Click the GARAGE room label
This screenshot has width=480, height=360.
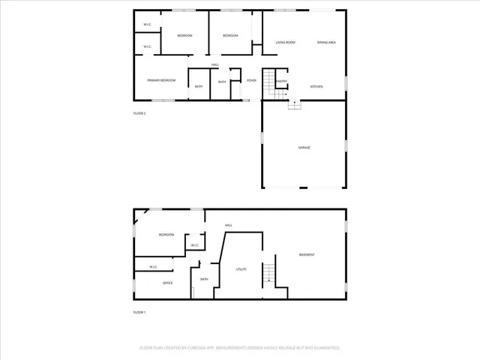pos(304,147)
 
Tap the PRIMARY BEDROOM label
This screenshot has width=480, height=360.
pos(161,80)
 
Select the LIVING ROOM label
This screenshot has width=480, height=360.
pos(285,43)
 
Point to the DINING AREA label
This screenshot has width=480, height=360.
pos(326,43)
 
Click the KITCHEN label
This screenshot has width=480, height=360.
pos(316,87)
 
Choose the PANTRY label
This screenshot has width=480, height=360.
pos(282,81)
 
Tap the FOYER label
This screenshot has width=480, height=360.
pos(251,80)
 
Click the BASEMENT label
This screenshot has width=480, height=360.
pos(307,255)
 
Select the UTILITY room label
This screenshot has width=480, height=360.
pos(241,269)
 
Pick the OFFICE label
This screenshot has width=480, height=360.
pos(168,283)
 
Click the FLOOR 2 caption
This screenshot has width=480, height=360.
pos(139,113)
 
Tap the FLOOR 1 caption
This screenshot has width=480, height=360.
pos(139,312)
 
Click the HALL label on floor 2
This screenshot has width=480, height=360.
pos(214,64)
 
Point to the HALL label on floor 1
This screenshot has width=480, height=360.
pos(229,225)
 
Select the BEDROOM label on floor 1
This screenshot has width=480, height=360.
pos(166,235)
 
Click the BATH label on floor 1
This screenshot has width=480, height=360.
pos(204,280)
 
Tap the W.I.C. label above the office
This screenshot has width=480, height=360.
pos(152,266)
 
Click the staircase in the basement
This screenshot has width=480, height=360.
pos(268,273)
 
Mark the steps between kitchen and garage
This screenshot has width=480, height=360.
pos(295,105)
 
